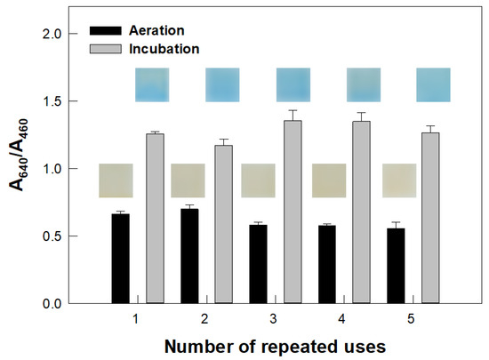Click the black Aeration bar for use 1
pos(121,259)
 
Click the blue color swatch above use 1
pos(151,85)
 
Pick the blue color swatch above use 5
pos(433,85)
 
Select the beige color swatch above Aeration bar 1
pos(116,180)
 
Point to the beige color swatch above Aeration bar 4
pos(328,180)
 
